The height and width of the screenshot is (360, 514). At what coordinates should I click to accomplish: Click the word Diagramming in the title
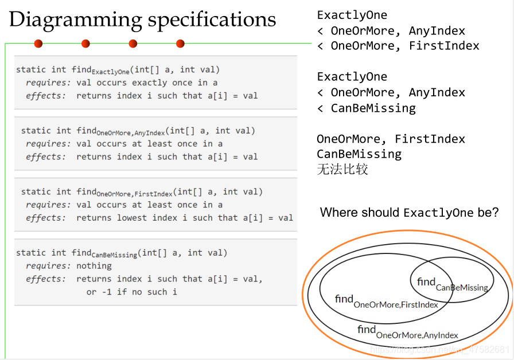click(75, 20)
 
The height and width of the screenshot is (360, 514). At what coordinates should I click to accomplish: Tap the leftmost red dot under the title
click(38, 44)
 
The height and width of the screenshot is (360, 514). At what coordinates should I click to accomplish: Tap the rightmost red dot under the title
click(180, 44)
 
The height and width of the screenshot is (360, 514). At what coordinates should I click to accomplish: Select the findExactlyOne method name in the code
click(100, 71)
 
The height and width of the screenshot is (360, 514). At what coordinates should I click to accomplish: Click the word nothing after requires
click(94, 266)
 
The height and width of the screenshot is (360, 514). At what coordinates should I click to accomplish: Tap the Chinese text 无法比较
click(342, 169)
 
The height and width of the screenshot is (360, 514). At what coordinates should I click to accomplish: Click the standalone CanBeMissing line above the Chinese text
click(359, 154)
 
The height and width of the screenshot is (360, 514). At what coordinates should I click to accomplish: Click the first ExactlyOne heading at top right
click(352, 15)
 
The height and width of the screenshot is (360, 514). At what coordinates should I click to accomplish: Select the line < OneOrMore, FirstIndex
click(398, 46)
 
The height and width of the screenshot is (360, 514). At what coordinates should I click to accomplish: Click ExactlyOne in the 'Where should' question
click(438, 213)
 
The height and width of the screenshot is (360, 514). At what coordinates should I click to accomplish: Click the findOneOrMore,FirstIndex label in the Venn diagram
click(386, 302)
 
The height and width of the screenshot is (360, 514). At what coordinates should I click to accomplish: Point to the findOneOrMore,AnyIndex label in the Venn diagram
click(408, 332)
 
